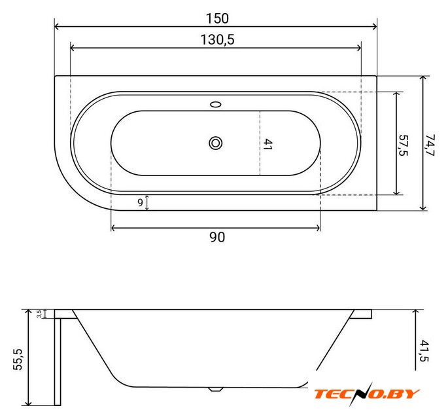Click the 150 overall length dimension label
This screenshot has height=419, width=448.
point(217,18)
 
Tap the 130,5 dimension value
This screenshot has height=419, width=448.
point(217,39)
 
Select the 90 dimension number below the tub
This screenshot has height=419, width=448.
point(217,237)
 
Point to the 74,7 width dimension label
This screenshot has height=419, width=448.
point(430,145)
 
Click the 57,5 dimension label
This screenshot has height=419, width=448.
point(403,145)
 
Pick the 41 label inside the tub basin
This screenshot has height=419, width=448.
point(267,145)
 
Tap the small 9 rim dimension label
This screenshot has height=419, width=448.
point(140,202)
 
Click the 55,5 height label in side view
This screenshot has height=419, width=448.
point(18,359)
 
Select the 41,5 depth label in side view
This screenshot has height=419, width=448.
point(424,351)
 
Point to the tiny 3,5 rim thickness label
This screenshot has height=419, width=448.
point(39,314)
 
